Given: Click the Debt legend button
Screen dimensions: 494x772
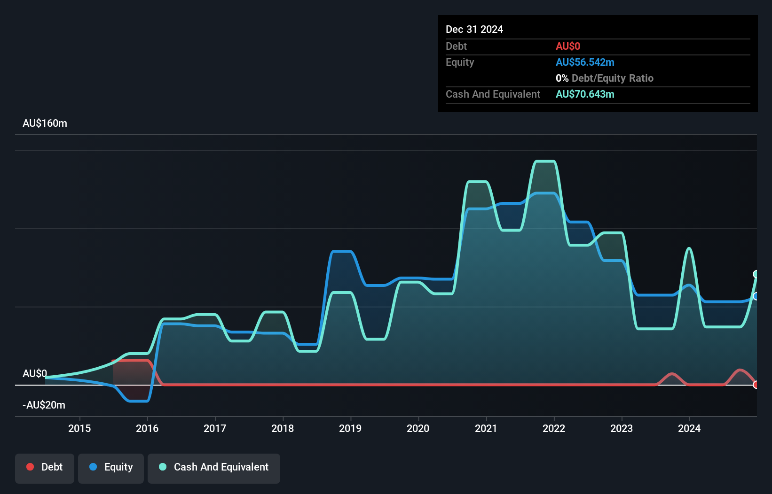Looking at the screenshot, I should pyautogui.click(x=45, y=467).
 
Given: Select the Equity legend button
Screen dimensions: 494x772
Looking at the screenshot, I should pyautogui.click(x=111, y=467).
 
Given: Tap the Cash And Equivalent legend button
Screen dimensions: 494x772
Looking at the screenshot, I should pyautogui.click(x=214, y=467).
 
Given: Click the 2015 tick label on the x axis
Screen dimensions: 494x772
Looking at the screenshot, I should pyautogui.click(x=79, y=428).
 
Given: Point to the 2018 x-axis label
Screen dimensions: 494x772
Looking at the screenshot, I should pyautogui.click(x=283, y=428).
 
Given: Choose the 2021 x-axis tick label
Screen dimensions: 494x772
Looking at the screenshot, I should pyautogui.click(x=486, y=428).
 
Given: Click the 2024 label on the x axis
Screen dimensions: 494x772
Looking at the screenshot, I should pyautogui.click(x=689, y=428).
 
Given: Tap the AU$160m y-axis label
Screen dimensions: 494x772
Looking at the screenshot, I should pyautogui.click(x=45, y=123).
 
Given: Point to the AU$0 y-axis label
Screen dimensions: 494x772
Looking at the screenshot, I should pyautogui.click(x=35, y=374).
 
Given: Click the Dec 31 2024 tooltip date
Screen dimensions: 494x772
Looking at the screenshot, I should pyautogui.click(x=474, y=30).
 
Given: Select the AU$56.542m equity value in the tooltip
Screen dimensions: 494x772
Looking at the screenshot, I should pyautogui.click(x=584, y=62).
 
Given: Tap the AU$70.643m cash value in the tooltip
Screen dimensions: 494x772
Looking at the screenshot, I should pyautogui.click(x=584, y=94).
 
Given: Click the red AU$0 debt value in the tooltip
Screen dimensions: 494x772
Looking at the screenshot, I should pyautogui.click(x=567, y=46).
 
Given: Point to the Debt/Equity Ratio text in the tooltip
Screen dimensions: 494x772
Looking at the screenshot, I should pyautogui.click(x=612, y=78).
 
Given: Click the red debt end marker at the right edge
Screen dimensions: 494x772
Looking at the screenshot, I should pyautogui.click(x=756, y=385).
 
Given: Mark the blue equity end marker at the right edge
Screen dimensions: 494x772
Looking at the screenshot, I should pyautogui.click(x=756, y=296).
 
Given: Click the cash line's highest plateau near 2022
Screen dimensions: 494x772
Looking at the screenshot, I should pyautogui.click(x=545, y=162).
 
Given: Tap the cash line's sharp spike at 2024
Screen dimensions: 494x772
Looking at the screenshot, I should pyautogui.click(x=689, y=248).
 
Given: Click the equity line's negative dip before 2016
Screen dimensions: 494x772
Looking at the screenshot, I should pyautogui.click(x=138, y=401).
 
